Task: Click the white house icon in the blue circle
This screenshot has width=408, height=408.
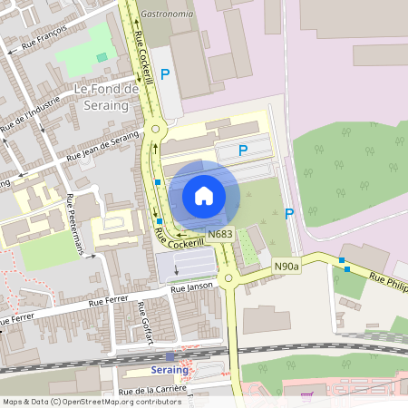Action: pyautogui.click(x=204, y=196)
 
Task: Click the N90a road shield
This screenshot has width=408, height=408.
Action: pyautogui.click(x=287, y=267)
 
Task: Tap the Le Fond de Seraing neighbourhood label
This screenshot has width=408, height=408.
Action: pyautogui.click(x=106, y=97)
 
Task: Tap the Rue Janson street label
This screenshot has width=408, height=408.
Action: pyautogui.click(x=190, y=288)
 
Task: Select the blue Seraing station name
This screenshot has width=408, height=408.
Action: pyautogui.click(x=169, y=370)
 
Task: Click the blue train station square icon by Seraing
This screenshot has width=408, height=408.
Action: pyautogui.click(x=169, y=357)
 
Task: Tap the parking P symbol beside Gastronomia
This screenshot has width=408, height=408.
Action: pyautogui.click(x=165, y=74)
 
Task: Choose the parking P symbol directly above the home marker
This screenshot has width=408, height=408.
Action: pyautogui.click(x=242, y=151)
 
